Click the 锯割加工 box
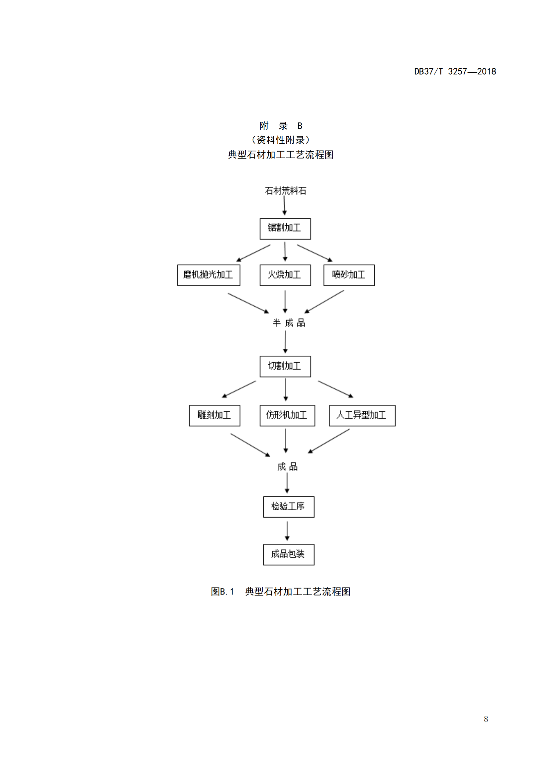285,229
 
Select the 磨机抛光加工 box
208,275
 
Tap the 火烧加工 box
285,275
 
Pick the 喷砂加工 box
349,275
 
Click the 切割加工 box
285,366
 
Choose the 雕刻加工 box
214,415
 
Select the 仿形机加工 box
287,415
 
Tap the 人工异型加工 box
362,415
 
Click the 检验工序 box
288,507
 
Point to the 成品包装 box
288,554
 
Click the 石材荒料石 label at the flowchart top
285,191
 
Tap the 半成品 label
289,323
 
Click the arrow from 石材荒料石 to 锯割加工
284,205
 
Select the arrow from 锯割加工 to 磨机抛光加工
253,253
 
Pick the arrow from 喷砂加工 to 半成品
324,302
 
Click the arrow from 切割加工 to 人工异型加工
335,389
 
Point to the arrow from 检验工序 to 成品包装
287,530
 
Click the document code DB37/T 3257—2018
455,72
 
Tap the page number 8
486,719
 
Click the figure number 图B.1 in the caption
222,592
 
